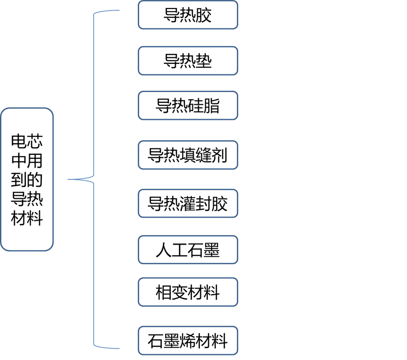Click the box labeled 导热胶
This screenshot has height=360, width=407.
click(188, 15)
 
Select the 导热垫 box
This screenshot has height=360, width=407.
click(188, 61)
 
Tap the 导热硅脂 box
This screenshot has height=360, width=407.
click(188, 105)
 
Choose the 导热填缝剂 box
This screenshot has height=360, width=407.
click(188, 155)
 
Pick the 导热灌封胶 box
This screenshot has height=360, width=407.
click(188, 204)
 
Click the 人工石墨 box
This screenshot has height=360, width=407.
click(188, 250)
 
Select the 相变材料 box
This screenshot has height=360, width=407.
click(188, 292)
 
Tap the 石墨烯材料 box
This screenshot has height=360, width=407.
click(188, 341)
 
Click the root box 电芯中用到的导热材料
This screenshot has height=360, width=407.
click(27, 179)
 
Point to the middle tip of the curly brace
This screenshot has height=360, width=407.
click(69, 179)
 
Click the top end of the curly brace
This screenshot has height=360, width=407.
click(119, 10)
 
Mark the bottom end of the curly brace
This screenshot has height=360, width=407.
click(119, 348)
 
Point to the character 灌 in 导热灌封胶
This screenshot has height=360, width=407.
click(188, 204)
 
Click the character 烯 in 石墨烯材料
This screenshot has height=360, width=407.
click(188, 341)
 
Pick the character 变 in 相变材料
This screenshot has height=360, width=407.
click(180, 292)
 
